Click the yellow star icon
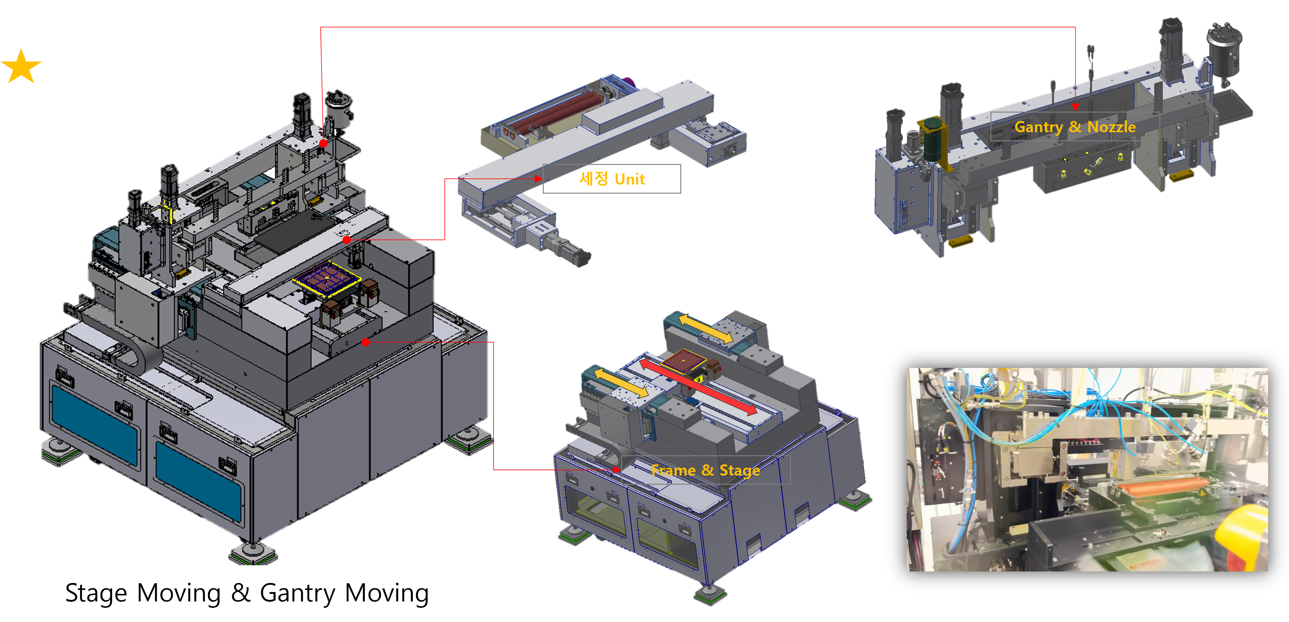[21, 66]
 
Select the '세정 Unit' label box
[611, 179]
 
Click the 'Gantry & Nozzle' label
[1075, 127]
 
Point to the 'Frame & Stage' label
[705, 470]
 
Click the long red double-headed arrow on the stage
[698, 386]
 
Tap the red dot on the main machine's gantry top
[323, 143]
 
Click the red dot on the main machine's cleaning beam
[347, 240]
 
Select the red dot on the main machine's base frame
[366, 342]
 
